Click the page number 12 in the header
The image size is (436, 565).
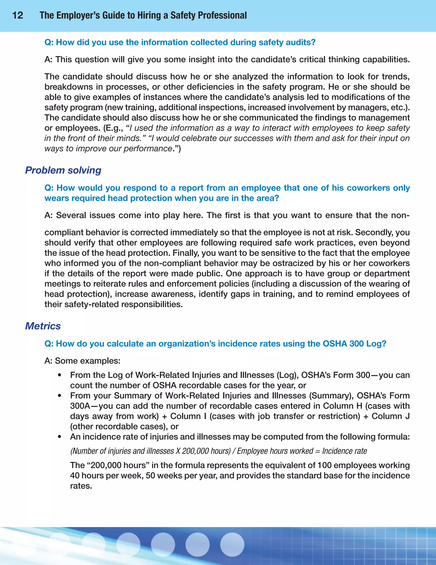18,15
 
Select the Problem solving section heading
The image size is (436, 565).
63,170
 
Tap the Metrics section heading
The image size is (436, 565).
43,326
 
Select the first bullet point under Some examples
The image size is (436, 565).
60,375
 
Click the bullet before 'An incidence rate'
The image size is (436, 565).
60,437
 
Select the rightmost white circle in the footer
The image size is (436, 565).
232,544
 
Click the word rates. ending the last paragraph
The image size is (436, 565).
81,486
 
